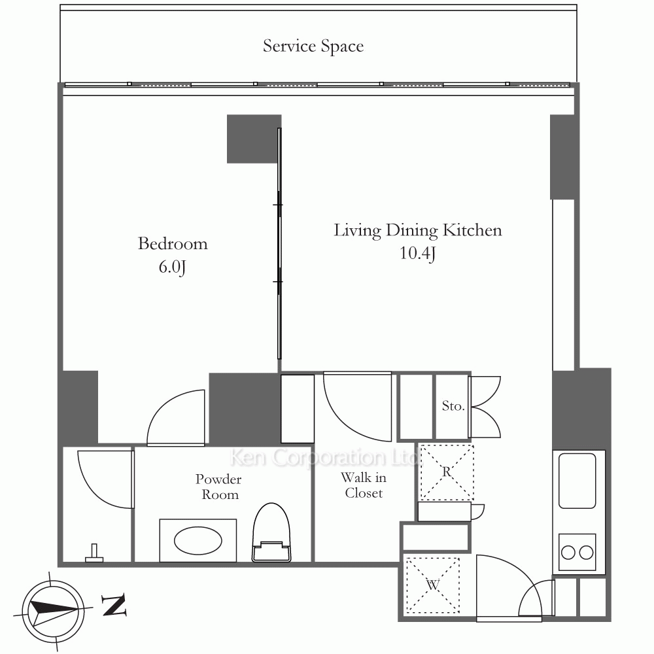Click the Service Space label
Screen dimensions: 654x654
coord(313,46)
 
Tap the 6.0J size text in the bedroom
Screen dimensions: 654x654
coord(172,267)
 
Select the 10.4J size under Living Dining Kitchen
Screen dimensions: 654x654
coord(417,253)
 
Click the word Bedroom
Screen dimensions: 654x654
coord(173,243)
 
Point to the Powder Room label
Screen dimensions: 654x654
coord(218,487)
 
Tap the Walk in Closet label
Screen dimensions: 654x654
coord(364,485)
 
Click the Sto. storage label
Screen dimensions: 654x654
coord(453,406)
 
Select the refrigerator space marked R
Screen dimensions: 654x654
coord(447,472)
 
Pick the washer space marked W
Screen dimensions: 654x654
coord(432,585)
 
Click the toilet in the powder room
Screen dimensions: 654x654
coord(271,532)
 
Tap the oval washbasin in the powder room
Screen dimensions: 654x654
coord(198,541)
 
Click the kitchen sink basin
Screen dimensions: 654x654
coord(577,481)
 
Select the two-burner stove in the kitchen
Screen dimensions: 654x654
coord(577,552)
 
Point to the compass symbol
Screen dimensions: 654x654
coord(53,611)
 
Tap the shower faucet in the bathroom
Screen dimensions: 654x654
coord(94,553)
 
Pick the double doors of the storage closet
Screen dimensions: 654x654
coord(485,407)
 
